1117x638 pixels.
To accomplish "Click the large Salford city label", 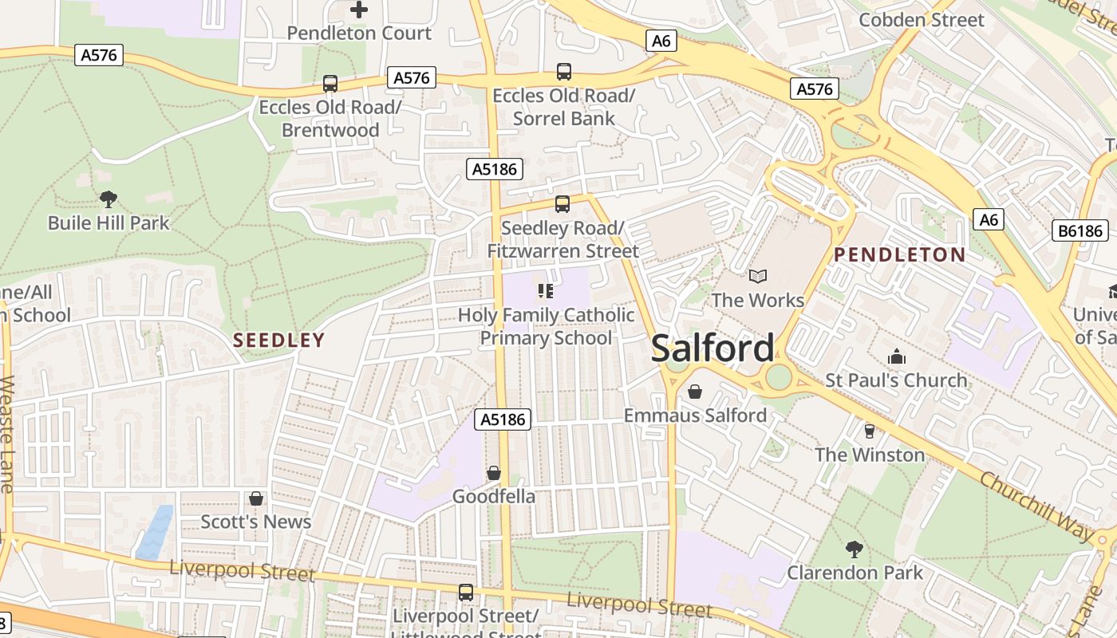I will [712, 349].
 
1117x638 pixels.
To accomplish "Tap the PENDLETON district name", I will [899, 255].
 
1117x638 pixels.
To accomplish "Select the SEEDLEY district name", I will [279, 341].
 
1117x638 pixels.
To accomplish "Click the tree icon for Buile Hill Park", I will [109, 199].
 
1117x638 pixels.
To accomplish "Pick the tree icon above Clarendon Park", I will [855, 549].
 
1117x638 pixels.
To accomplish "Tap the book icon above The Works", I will [757, 276].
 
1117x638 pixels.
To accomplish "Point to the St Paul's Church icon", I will [897, 356].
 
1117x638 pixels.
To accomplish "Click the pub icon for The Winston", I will [869, 431].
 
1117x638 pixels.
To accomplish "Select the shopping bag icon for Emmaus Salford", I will [694, 392].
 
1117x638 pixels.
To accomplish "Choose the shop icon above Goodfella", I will [494, 473].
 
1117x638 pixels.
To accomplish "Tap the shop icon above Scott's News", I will [256, 498].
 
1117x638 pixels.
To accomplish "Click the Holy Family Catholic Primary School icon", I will [546, 291].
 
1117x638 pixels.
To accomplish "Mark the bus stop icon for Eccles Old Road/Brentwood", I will [330, 83].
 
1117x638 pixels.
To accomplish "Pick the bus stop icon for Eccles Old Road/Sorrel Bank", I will [563, 72].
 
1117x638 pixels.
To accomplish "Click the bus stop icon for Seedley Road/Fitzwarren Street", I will [562, 204].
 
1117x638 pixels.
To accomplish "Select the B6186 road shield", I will [1081, 231].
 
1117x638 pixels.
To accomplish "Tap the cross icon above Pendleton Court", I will [359, 10].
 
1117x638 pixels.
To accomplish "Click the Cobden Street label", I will [922, 20].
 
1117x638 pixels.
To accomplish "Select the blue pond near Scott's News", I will [154, 531].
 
